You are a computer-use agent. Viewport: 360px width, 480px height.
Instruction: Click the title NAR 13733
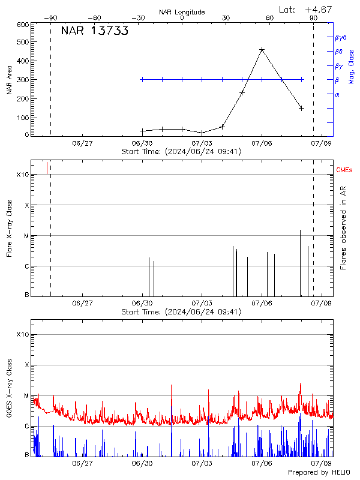pos(95,32)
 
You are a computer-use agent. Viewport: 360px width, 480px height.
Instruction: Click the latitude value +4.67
pos(319,9)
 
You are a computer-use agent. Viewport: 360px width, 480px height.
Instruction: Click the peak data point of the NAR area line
pos(262,50)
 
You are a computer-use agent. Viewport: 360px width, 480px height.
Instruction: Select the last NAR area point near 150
pos(301,108)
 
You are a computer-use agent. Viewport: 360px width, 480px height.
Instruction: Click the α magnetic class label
pos(337,94)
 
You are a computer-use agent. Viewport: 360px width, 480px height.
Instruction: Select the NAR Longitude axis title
pos(182,12)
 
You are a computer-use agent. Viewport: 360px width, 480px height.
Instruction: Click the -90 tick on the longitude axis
pos(50,19)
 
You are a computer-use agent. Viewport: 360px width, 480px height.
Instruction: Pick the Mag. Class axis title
pos(352,66)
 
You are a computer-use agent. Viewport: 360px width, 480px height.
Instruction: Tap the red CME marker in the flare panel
pos(47,167)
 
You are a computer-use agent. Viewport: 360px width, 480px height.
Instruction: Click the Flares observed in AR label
pos(343,227)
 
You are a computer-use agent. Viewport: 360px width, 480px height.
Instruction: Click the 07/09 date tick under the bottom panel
pos(322,464)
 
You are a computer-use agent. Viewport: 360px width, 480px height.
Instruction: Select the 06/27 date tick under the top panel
pos(83,143)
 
